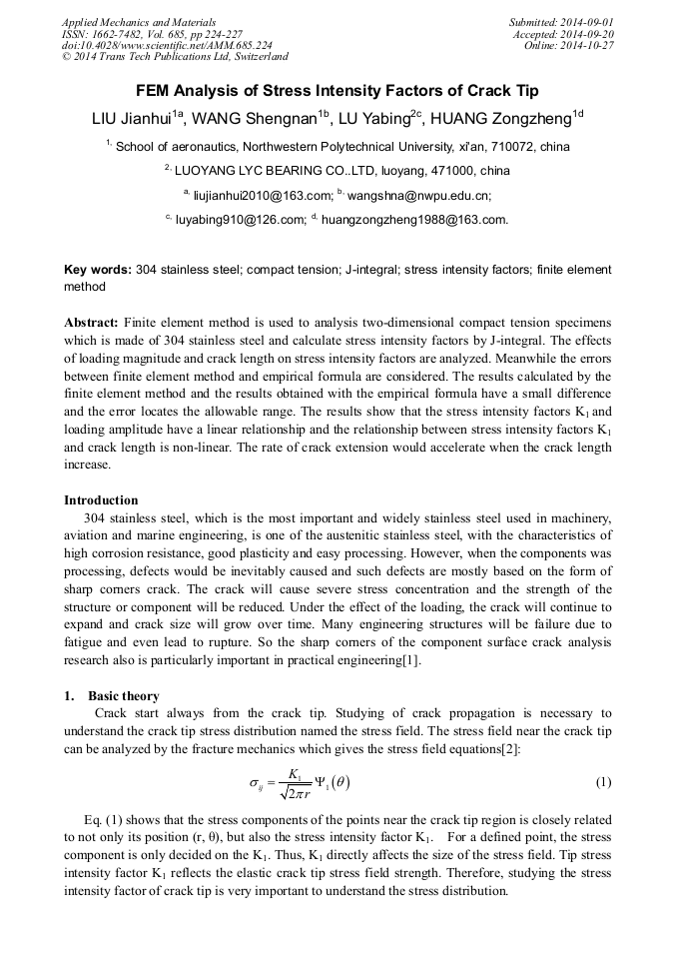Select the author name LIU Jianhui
(x=131, y=119)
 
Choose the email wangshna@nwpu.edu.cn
(x=418, y=195)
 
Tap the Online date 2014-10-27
(x=589, y=45)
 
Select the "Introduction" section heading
(x=101, y=499)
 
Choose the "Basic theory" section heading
(x=123, y=695)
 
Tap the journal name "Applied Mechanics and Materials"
(x=138, y=22)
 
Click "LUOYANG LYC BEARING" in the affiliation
(x=250, y=171)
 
